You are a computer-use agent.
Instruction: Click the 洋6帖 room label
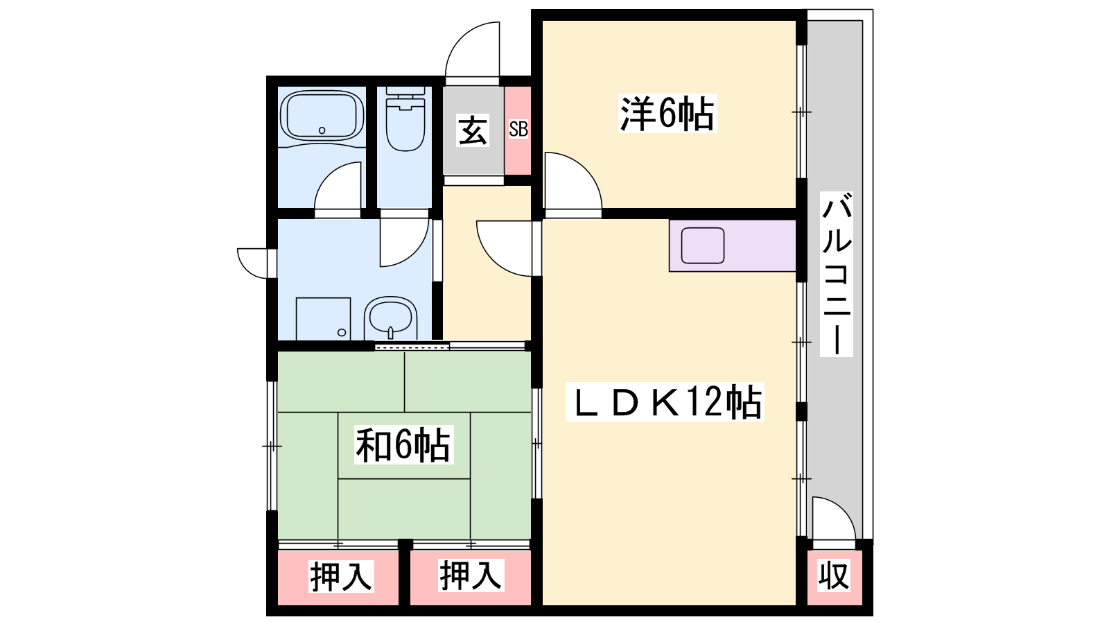click(x=667, y=114)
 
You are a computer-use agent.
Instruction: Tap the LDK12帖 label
click(x=665, y=401)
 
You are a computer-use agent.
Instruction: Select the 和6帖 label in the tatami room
click(x=403, y=444)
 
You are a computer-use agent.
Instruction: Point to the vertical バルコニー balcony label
click(x=836, y=274)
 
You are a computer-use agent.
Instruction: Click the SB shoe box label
click(x=518, y=129)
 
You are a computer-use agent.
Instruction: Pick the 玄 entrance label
click(x=473, y=131)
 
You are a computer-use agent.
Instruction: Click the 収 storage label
click(x=834, y=575)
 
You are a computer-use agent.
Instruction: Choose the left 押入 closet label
click(x=341, y=576)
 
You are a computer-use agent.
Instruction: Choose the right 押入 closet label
click(x=471, y=575)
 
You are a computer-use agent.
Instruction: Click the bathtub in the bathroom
click(x=322, y=115)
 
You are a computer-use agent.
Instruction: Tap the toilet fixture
click(x=405, y=119)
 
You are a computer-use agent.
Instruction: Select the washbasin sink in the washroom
click(x=391, y=318)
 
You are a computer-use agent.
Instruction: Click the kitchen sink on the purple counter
click(x=703, y=245)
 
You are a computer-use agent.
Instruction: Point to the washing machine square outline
click(x=323, y=318)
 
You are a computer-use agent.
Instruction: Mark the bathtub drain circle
click(x=322, y=130)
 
